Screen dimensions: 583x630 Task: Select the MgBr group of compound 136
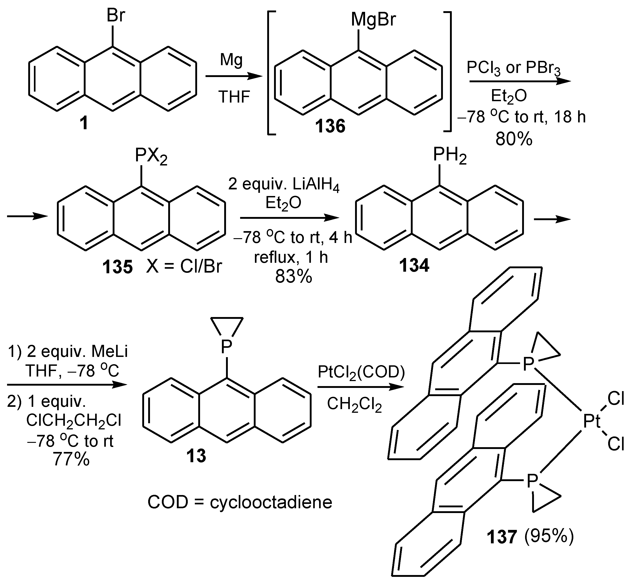coord(373,20)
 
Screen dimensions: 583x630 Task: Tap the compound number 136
coord(330,126)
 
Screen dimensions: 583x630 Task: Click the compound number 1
coord(84,123)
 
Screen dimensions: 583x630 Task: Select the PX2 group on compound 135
coord(151,156)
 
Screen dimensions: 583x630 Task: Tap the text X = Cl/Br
coord(184,267)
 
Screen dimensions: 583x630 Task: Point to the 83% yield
coord(294,277)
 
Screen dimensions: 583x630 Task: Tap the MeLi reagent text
coord(109,351)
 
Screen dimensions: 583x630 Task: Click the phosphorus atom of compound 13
coord(226,347)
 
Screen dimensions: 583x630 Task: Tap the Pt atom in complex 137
coord(592,421)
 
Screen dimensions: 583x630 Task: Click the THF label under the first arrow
coord(234,97)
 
